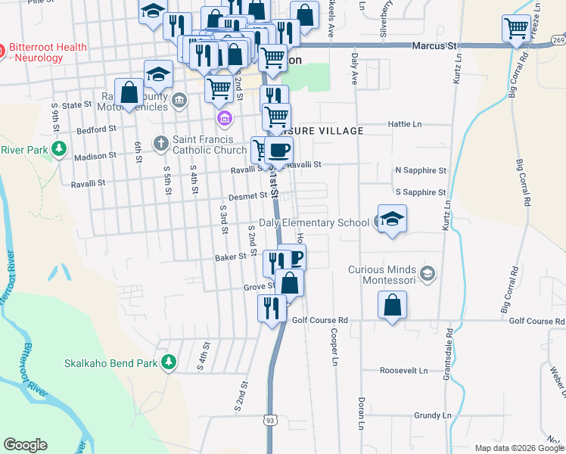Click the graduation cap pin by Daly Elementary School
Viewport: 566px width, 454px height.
[x=392, y=219]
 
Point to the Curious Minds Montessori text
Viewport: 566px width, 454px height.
[x=382, y=275]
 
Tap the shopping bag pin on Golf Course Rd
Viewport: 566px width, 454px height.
[x=392, y=306]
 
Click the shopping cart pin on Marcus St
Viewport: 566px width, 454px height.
[x=516, y=30]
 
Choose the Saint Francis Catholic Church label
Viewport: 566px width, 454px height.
[x=210, y=144]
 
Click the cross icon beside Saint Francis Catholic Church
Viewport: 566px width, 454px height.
[x=160, y=142]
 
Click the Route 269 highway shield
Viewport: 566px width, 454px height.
[x=558, y=39]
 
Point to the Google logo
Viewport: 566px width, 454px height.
[x=25, y=445]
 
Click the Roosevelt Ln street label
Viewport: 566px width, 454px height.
[x=404, y=372]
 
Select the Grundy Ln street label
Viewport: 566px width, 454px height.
[x=432, y=415]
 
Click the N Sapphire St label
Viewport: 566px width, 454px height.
[x=421, y=171]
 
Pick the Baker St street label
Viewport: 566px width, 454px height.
[x=231, y=257]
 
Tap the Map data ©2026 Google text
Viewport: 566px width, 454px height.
[x=519, y=448]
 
